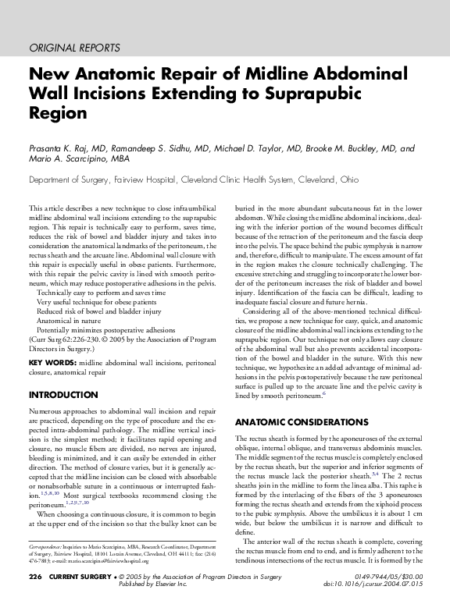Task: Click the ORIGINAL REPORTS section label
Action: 74,47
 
